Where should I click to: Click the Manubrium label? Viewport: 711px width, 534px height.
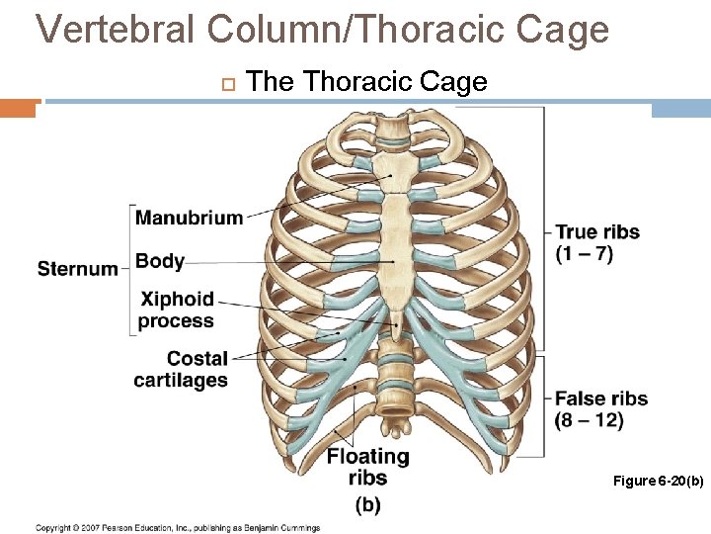189,218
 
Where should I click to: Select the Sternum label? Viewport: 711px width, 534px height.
78,268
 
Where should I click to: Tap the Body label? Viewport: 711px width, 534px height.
160,261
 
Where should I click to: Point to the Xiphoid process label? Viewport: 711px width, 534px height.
177,310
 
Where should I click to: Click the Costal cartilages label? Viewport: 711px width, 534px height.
182,370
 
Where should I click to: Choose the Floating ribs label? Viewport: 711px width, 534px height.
367,467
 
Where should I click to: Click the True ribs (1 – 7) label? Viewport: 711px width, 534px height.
597,242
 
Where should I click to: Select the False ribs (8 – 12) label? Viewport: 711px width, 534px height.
601,409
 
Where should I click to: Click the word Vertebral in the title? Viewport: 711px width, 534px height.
116,30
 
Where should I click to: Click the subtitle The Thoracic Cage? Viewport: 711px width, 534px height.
366,82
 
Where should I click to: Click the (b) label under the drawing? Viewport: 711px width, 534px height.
367,504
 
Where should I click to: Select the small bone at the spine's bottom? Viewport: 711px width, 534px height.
396,428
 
